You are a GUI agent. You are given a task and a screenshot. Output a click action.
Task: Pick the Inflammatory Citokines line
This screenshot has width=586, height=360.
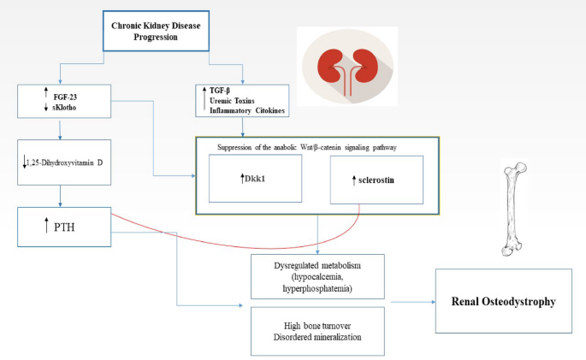pos(246,112)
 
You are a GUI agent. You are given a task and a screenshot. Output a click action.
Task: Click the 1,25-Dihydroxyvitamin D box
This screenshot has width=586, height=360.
pos(65,162)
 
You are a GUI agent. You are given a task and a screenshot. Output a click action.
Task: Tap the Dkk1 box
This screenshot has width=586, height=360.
pos(256,179)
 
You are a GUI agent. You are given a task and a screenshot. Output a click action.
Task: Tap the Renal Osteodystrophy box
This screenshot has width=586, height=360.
pos(503,302)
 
